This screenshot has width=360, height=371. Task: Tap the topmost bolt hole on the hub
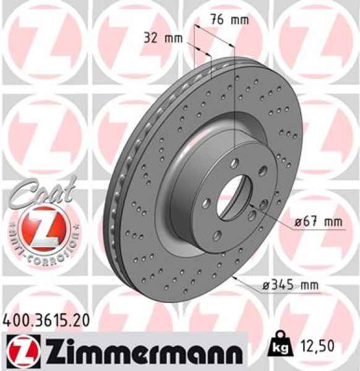236,163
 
